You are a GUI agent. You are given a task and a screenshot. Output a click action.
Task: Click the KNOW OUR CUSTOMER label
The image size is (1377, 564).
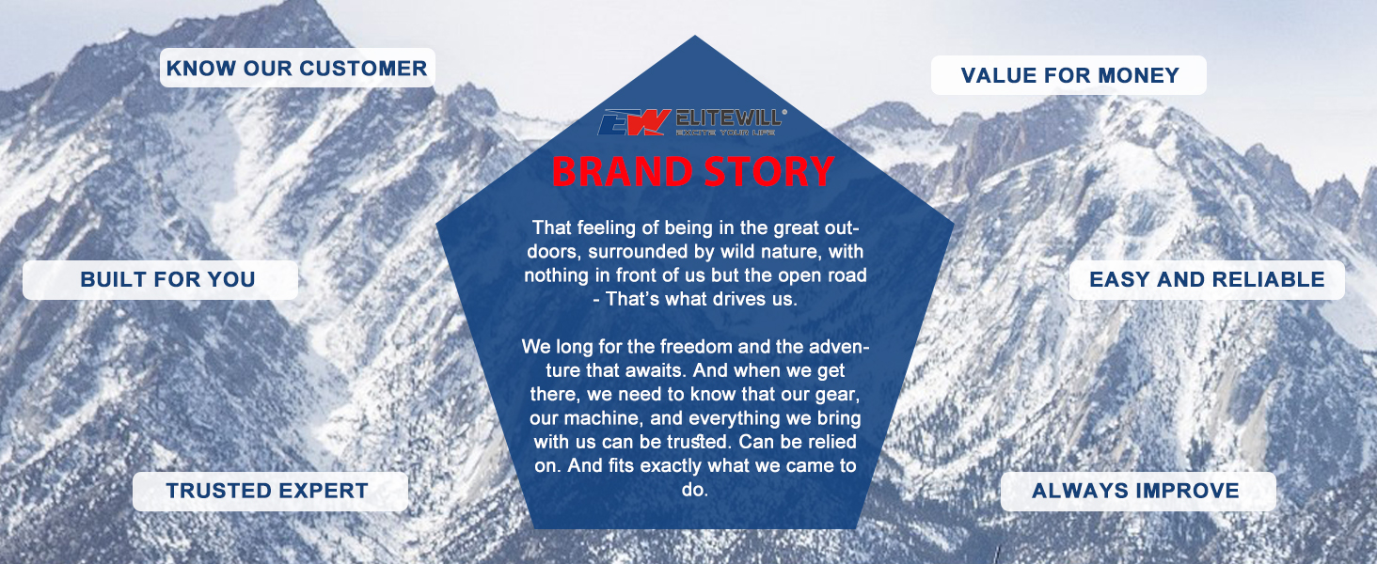point(297,68)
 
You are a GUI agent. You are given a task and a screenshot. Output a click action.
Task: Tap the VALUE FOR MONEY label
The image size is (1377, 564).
point(1069,75)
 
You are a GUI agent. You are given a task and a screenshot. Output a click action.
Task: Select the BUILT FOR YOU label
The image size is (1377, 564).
point(161,279)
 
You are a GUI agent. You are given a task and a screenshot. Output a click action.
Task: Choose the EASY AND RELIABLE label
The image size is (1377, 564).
point(1207,279)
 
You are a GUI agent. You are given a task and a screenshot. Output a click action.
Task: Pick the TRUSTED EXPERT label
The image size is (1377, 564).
point(271,491)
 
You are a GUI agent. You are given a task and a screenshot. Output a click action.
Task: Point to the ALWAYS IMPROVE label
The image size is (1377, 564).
point(1138,491)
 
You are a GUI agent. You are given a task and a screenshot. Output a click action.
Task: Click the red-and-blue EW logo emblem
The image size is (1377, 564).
point(633,121)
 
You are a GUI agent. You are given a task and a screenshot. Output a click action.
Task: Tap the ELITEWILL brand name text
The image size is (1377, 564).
point(731,117)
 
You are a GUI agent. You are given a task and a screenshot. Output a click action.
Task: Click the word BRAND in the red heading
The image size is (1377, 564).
point(622,171)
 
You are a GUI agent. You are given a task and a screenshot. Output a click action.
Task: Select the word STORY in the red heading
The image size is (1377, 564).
point(769,171)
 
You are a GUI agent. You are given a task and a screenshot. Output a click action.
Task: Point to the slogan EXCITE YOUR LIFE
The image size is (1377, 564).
point(725,133)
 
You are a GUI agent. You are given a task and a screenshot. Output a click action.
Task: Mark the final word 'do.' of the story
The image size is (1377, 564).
point(695,490)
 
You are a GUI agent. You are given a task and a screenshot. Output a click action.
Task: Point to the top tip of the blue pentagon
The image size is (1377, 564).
point(695,36)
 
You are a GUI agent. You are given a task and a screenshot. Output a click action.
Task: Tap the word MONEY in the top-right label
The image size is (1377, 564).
point(1138,75)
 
